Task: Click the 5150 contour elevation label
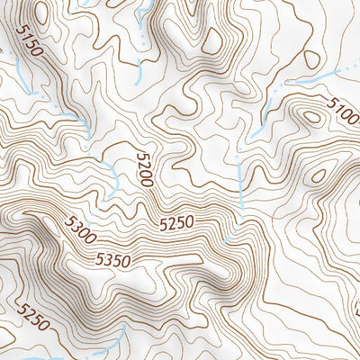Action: tap(29, 40)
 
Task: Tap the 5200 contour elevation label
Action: tap(145, 168)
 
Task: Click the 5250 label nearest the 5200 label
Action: tap(177, 221)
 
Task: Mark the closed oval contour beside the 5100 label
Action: tap(312, 115)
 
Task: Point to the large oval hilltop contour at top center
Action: tap(213, 38)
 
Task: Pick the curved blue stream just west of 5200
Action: tap(112, 175)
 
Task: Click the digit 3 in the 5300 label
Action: tap(75, 225)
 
